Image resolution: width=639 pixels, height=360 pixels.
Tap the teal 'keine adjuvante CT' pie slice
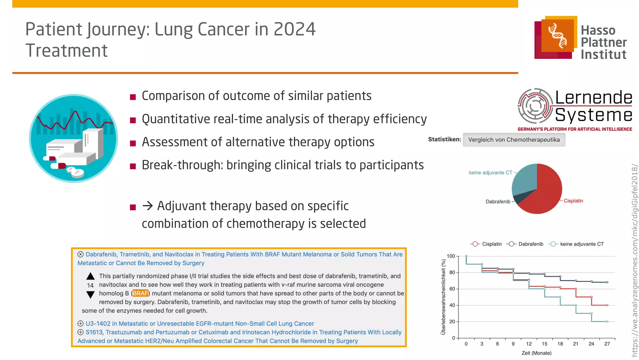pyautogui.click(x=524, y=180)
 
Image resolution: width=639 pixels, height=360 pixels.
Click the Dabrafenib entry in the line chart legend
pyautogui.click(x=530, y=244)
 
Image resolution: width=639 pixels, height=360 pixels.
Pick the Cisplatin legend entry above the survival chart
pyautogui.click(x=491, y=244)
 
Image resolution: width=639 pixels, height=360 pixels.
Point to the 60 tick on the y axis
pyautogui.click(x=452, y=289)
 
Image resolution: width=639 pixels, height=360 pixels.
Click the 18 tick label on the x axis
pyautogui.click(x=560, y=344)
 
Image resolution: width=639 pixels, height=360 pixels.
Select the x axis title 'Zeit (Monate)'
pyautogui.click(x=536, y=353)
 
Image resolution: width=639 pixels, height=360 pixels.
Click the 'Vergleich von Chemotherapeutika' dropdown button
pyautogui.click(x=514, y=140)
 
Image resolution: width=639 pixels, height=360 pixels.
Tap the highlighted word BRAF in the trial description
pyautogui.click(x=140, y=293)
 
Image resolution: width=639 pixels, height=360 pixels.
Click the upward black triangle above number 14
pyautogui.click(x=90, y=276)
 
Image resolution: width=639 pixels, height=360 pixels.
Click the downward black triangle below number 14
pyautogui.click(x=90, y=294)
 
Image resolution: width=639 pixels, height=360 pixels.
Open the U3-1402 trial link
pyautogui.click(x=200, y=324)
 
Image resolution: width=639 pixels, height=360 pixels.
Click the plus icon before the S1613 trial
pyautogui.click(x=80, y=332)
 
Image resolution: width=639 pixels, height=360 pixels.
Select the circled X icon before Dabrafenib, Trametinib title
pyautogui.click(x=80, y=254)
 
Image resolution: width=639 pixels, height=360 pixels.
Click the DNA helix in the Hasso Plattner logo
pyautogui.click(x=558, y=35)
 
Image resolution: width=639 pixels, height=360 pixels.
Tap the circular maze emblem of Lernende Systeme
pyautogui.click(x=535, y=106)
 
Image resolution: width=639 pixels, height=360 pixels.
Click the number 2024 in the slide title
pyautogui.click(x=295, y=29)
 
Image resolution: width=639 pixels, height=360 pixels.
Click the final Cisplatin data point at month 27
pyautogui.click(x=607, y=305)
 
